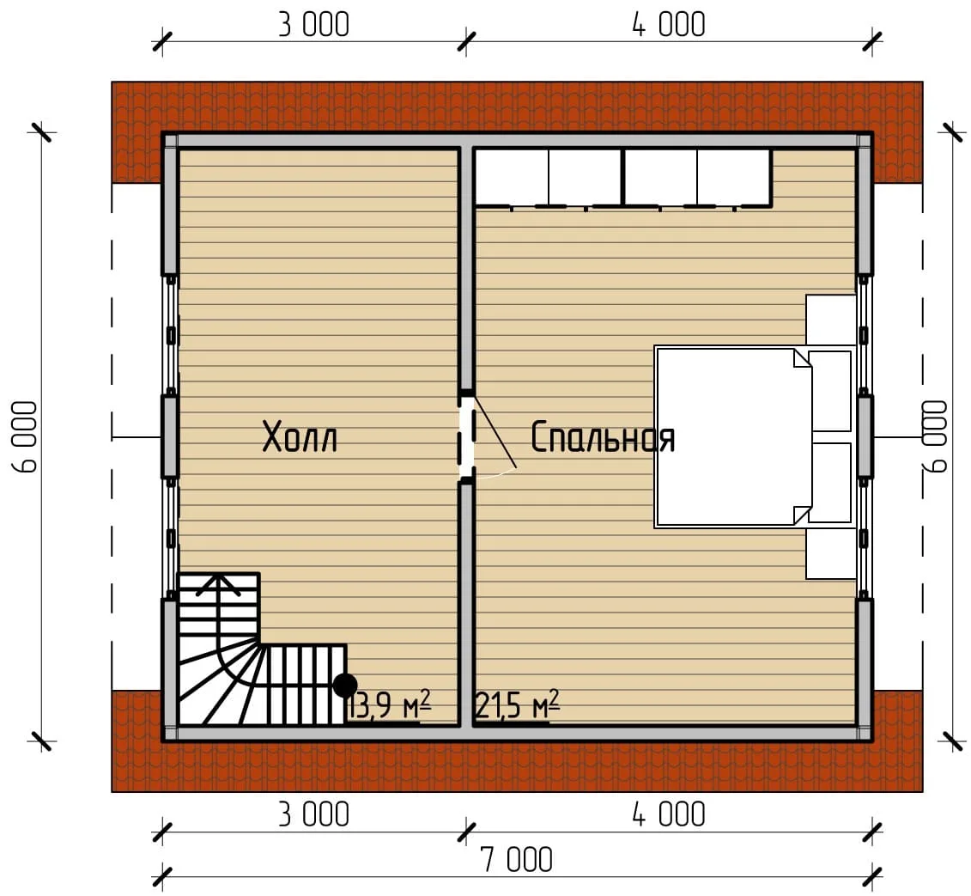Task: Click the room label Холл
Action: tap(300, 437)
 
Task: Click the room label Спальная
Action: tap(603, 437)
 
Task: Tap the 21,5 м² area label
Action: tap(518, 705)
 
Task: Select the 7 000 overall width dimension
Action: tap(517, 860)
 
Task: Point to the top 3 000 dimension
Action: tap(313, 26)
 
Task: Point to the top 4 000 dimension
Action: tap(669, 26)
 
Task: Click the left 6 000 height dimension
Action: tap(26, 437)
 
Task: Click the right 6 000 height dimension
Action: tap(935, 437)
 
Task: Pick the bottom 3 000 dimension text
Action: tap(313, 814)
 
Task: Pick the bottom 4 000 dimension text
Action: tap(669, 814)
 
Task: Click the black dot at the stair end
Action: tap(345, 686)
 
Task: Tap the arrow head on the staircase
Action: tap(218, 584)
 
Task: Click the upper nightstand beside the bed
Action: tap(830, 320)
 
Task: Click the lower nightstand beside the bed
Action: tap(830, 554)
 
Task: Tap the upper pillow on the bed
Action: tap(830, 391)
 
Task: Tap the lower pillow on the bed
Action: tap(830, 483)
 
